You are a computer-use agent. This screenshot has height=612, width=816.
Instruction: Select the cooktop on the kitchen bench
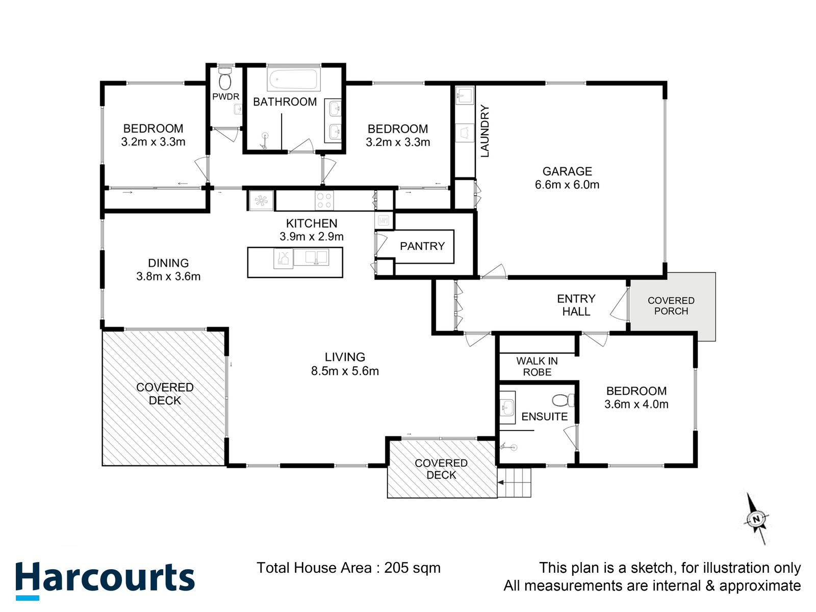tap(324, 200)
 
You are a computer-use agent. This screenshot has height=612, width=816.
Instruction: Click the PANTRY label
tap(422, 246)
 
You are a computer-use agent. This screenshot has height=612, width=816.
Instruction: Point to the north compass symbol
tap(756, 519)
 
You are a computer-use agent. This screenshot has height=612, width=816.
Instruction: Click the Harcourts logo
tap(105, 580)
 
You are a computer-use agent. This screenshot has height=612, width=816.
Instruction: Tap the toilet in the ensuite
tap(563, 400)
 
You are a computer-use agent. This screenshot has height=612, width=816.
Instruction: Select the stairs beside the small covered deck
tap(514, 482)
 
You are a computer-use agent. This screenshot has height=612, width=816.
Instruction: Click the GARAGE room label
tap(567, 171)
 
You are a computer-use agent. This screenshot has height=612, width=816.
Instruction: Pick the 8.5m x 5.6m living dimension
tap(345, 371)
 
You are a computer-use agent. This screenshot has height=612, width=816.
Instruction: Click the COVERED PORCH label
tap(671, 306)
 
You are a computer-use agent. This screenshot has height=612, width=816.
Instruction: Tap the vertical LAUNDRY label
tap(485, 131)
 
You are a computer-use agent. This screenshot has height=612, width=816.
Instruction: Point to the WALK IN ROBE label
tap(537, 366)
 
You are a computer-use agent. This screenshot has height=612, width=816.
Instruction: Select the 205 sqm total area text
tap(412, 568)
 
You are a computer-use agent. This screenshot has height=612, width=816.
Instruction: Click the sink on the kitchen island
tap(311, 257)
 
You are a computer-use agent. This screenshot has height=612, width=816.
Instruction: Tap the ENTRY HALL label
tap(576, 305)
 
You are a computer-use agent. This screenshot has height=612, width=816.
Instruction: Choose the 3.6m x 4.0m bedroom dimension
tap(636, 404)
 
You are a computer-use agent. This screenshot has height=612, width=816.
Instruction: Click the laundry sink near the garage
tap(465, 95)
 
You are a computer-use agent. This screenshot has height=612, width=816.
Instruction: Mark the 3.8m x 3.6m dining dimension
tap(168, 276)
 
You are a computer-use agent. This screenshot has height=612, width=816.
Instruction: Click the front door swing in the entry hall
tap(619, 304)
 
